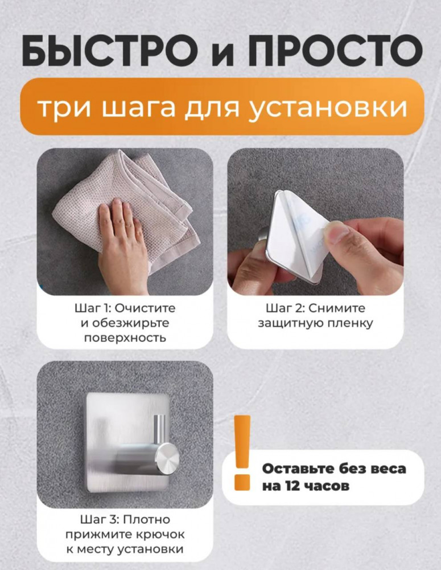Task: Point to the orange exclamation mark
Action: [242, 453]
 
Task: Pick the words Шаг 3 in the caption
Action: [98, 519]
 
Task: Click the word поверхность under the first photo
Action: [125, 338]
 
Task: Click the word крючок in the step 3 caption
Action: [161, 535]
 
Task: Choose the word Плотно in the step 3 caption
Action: [147, 519]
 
